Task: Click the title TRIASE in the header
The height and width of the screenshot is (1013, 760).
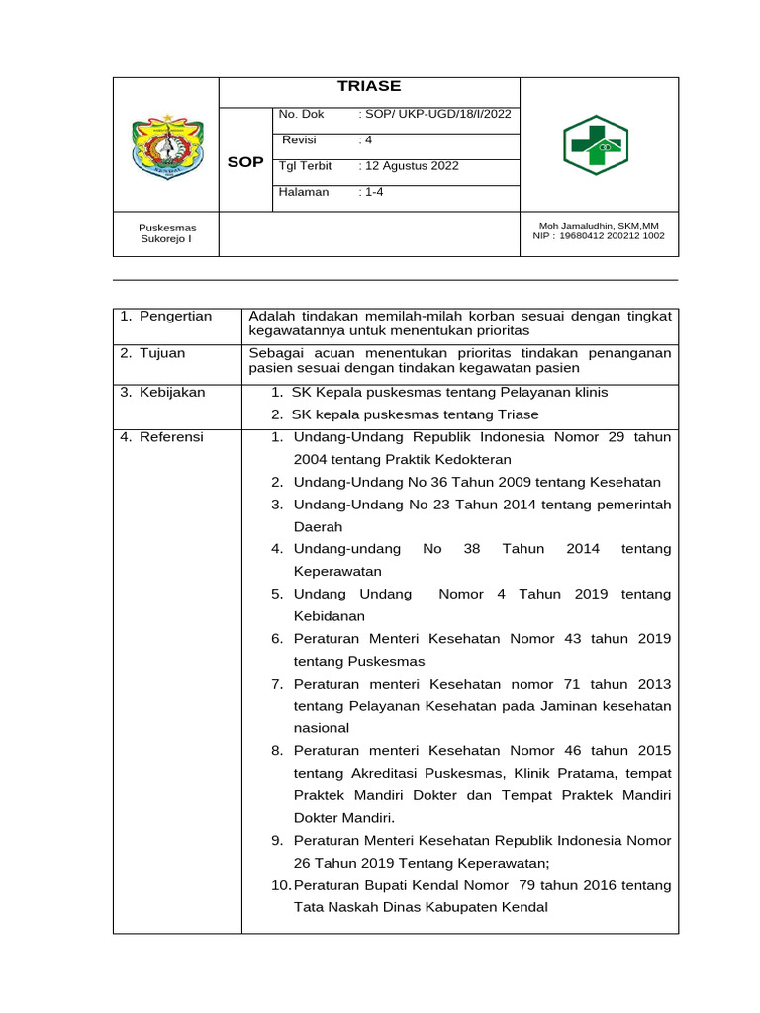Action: click(x=369, y=87)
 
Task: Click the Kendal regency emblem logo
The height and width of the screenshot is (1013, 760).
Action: click(x=166, y=144)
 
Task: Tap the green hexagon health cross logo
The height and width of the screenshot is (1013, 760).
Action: click(x=596, y=144)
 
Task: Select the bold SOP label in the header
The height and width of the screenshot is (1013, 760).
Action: click(x=245, y=162)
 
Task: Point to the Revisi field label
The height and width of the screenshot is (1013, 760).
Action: click(x=299, y=139)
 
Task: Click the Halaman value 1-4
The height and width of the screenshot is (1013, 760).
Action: click(x=374, y=192)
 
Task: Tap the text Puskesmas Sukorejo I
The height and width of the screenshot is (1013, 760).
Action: click(x=166, y=233)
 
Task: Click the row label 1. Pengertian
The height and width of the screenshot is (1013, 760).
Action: click(x=166, y=317)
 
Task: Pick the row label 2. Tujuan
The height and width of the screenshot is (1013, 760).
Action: click(x=152, y=353)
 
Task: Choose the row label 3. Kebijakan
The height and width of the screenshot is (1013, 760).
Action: click(x=162, y=392)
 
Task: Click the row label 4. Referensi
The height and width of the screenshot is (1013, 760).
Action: click(x=161, y=436)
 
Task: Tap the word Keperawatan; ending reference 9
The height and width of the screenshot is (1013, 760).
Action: click(x=465, y=863)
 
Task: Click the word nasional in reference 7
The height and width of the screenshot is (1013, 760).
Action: click(x=322, y=728)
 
